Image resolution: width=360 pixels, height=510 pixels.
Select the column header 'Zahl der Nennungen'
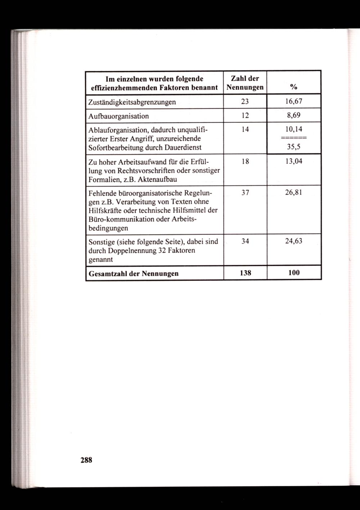pyautogui.click(x=245, y=83)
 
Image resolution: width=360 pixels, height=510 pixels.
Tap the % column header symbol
pyautogui.click(x=294, y=87)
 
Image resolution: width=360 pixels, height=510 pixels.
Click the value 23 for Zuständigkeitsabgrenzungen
pyautogui.click(x=245, y=101)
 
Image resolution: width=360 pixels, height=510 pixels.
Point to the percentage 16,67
pyautogui.click(x=294, y=101)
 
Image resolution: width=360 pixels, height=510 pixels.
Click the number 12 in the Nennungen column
pyautogui.click(x=245, y=116)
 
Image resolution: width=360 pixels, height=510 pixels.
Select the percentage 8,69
pyautogui.click(x=294, y=116)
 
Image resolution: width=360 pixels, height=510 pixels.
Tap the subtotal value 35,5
pyautogui.click(x=294, y=146)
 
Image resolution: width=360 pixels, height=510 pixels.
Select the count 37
pyautogui.click(x=245, y=192)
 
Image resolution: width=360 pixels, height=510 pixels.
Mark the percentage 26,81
pyautogui.click(x=294, y=192)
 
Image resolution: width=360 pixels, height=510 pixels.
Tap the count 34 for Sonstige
pyautogui.click(x=245, y=241)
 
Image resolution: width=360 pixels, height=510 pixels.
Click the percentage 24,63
pyautogui.click(x=294, y=241)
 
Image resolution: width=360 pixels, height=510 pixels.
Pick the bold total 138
pyautogui.click(x=245, y=273)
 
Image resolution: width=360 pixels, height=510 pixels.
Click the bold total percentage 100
pyautogui.click(x=294, y=273)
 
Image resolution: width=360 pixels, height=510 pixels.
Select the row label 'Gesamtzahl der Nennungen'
pyautogui.click(x=133, y=274)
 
